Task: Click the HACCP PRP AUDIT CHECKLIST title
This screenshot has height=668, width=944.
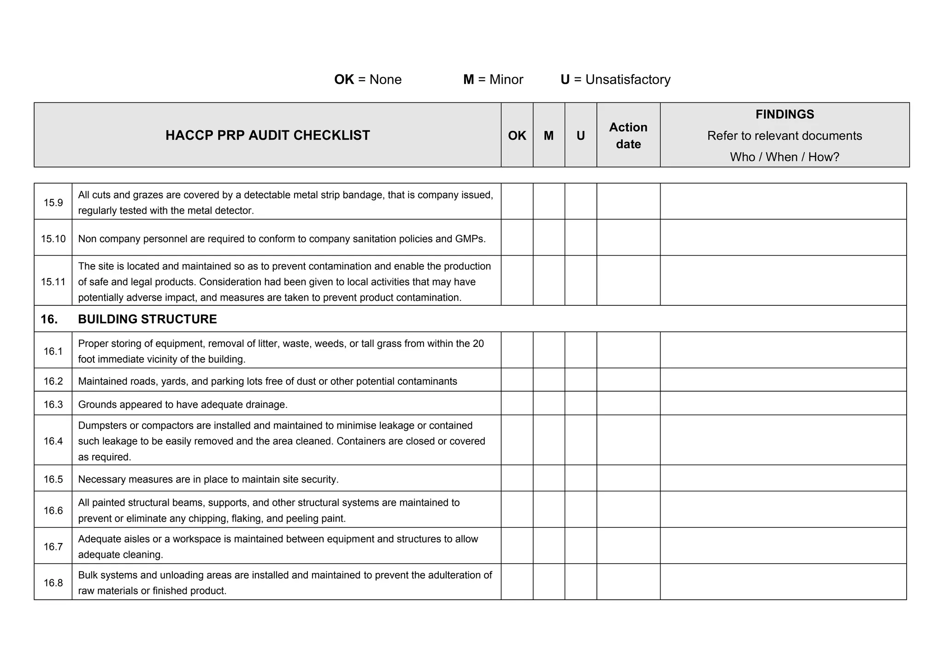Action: pyautogui.click(x=267, y=135)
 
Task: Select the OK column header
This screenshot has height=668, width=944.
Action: pyautogui.click(x=517, y=135)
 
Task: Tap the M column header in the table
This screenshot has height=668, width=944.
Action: pyautogui.click(x=549, y=135)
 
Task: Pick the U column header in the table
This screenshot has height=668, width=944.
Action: pyautogui.click(x=580, y=135)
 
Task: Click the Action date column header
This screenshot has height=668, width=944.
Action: pyautogui.click(x=628, y=135)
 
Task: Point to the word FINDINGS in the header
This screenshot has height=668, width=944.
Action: pyautogui.click(x=785, y=114)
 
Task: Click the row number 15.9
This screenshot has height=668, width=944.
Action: pyautogui.click(x=53, y=203)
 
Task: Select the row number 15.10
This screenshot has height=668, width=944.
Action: pyautogui.click(x=53, y=239)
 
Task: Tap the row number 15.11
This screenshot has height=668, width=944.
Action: pyautogui.click(x=53, y=281)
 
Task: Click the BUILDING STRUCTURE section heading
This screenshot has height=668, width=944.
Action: pyautogui.click(x=147, y=319)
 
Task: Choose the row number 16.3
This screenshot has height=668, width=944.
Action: pyautogui.click(x=53, y=405)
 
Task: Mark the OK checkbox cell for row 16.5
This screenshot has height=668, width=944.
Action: pyautogui.click(x=517, y=478)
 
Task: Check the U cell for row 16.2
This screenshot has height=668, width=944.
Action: pyautogui.click(x=580, y=380)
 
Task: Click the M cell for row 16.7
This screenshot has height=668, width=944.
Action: pyautogui.click(x=549, y=546)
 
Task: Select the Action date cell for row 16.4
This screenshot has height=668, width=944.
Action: pyautogui.click(x=628, y=440)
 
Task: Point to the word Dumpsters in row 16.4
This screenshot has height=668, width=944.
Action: pyautogui.click(x=102, y=425)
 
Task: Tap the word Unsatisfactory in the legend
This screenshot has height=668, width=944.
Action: pyautogui.click(x=628, y=79)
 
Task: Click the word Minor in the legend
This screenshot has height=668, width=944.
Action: pyautogui.click(x=506, y=79)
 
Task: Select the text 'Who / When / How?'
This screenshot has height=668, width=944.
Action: pyautogui.click(x=785, y=157)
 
